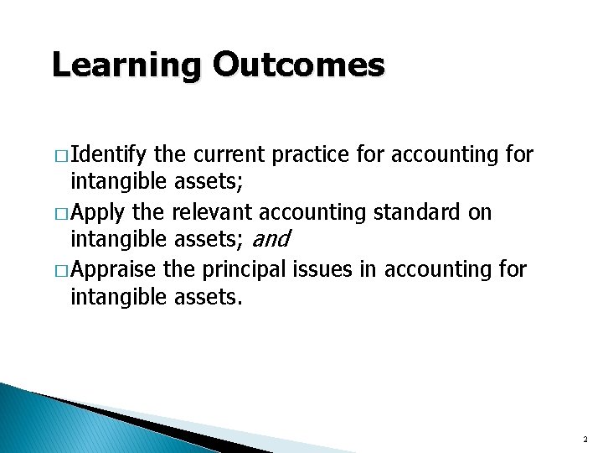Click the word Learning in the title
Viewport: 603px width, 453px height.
tap(126, 65)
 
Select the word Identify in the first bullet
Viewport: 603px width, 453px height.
tap(110, 154)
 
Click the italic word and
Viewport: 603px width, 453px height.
tap(270, 241)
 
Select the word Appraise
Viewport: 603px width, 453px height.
tap(113, 269)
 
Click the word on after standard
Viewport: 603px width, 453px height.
tap(480, 212)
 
